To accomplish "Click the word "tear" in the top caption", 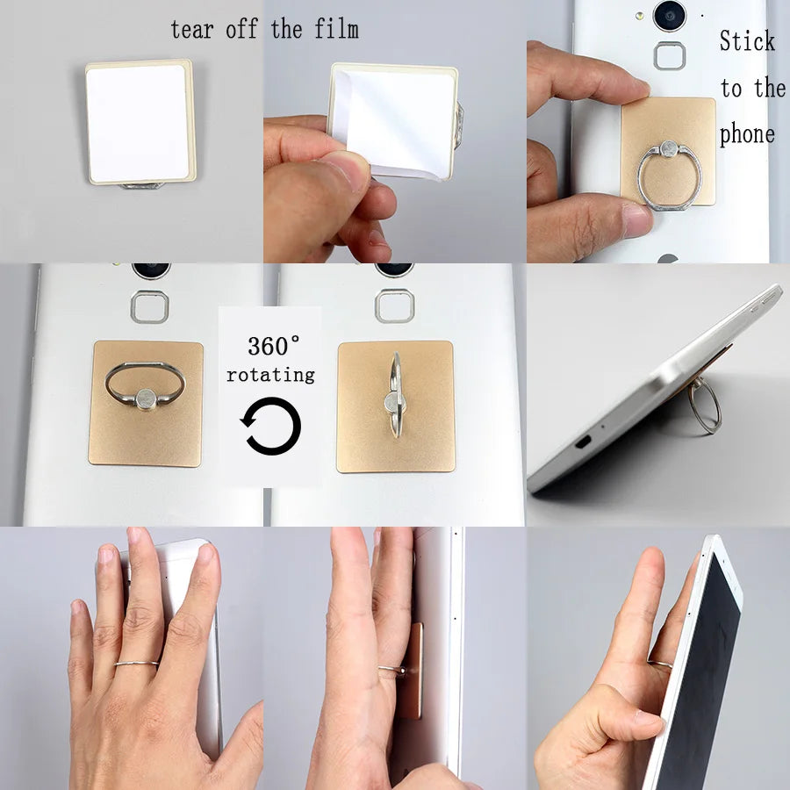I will [x=192, y=29].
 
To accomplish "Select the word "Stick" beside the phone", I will [x=747, y=41].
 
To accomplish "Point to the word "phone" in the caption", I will [x=747, y=134].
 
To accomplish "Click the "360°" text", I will [x=273, y=345].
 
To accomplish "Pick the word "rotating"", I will [x=270, y=375].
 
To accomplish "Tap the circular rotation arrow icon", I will [x=272, y=426].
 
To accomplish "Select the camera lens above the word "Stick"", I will [x=669, y=14].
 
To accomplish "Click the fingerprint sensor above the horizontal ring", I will [x=149, y=306].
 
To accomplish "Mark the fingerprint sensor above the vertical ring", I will [x=393, y=305].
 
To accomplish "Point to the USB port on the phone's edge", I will [x=581, y=439].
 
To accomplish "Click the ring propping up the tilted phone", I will [x=704, y=406].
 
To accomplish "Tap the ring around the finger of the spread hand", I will [x=136, y=664].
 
